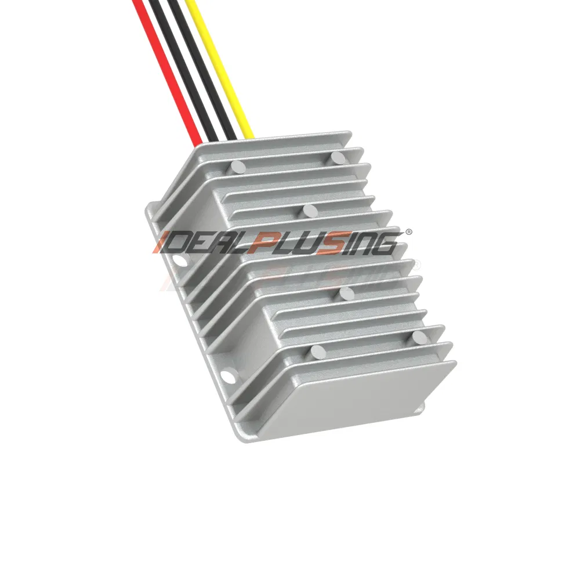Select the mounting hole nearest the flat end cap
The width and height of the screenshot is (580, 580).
[x=230, y=378]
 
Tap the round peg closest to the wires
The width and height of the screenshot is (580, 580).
[x=237, y=168]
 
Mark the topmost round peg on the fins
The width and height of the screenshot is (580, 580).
[x=338, y=157]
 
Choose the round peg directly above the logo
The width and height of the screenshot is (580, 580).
[x=309, y=210]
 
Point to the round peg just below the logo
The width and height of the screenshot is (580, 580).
[x=346, y=294]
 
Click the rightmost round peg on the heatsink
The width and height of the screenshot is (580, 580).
[x=420, y=337]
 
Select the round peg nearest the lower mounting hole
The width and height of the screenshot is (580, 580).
[x=317, y=351]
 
